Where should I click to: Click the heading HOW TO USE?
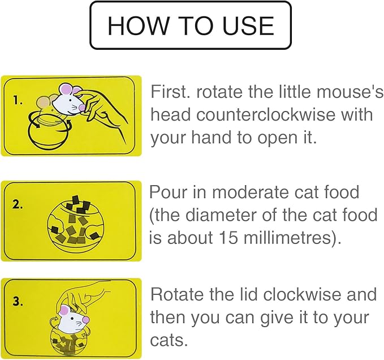click(191, 25)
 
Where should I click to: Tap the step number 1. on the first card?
click(18, 101)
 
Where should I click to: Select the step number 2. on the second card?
click(18, 204)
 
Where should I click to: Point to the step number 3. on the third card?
click(18, 301)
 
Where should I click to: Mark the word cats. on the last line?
click(169, 340)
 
